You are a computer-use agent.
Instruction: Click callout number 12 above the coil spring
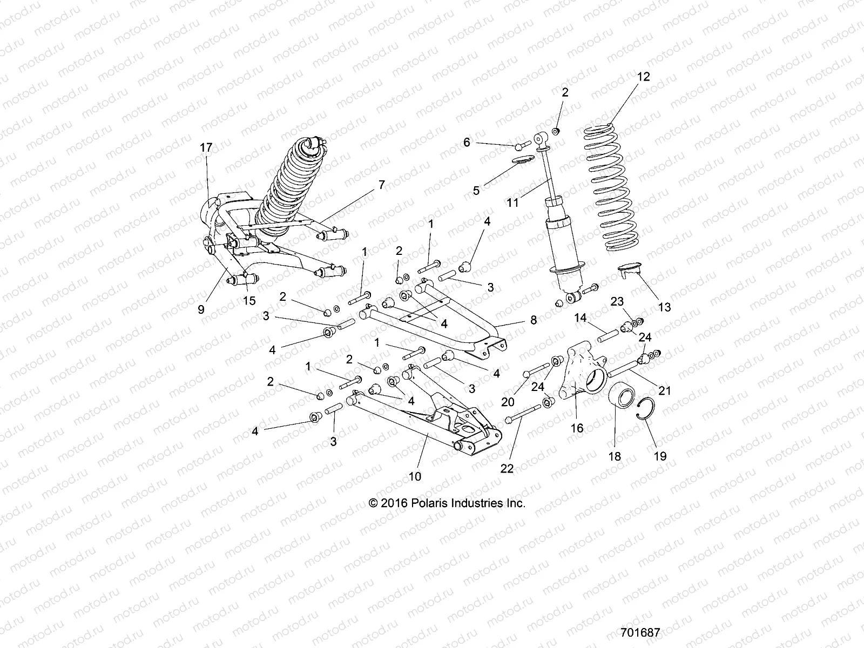click(x=643, y=77)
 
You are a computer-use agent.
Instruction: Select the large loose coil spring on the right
click(x=615, y=189)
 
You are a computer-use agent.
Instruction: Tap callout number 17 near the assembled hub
click(x=206, y=148)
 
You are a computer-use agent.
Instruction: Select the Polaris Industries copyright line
click(x=447, y=503)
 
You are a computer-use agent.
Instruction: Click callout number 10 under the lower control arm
click(x=415, y=476)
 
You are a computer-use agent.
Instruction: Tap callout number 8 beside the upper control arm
click(x=533, y=320)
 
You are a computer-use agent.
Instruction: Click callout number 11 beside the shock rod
click(x=512, y=202)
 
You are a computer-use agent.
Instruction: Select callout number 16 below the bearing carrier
click(x=577, y=428)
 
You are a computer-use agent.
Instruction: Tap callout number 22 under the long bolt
click(x=507, y=469)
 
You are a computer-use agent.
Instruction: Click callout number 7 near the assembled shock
click(x=381, y=185)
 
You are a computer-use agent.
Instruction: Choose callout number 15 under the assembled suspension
click(x=249, y=301)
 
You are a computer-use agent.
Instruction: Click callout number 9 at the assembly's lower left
click(x=201, y=309)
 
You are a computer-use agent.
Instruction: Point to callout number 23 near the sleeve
click(x=617, y=301)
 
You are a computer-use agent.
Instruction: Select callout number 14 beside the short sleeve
click(x=580, y=318)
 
